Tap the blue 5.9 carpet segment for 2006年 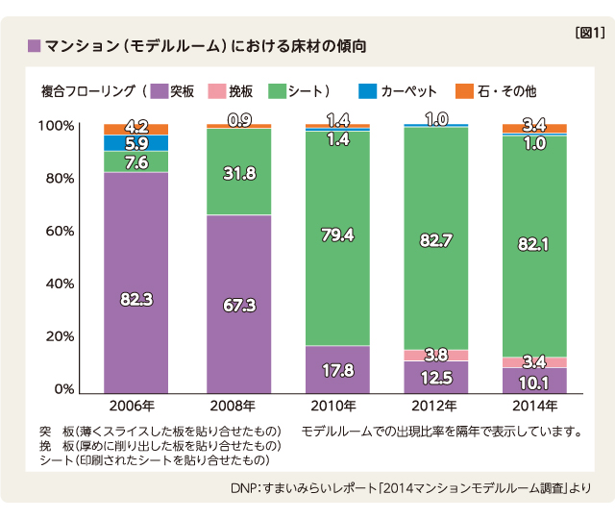pos(135,143)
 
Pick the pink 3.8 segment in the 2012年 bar pos(436,355)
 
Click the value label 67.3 pos(238,305)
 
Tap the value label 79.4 pos(337,235)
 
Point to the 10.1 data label pos(534,383)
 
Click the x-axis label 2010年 pos(337,406)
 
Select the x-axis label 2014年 pos(534,406)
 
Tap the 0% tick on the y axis pos(63,389)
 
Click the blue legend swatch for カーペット pos(367,91)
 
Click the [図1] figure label pos(588,33)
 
